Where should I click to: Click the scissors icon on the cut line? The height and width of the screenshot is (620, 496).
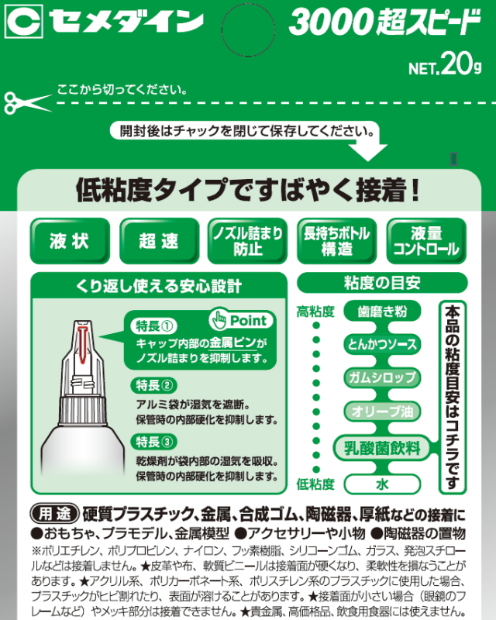pyautogui.click(x=18, y=102)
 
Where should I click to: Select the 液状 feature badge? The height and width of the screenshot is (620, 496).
pyautogui.click(x=68, y=241)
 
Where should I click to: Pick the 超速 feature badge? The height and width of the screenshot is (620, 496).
pyautogui.click(x=158, y=241)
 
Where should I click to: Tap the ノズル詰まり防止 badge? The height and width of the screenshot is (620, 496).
pyautogui.click(x=248, y=241)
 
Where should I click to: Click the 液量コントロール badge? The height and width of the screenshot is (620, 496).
pyautogui.click(x=426, y=241)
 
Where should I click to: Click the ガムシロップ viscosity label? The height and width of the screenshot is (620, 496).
pyautogui.click(x=381, y=377)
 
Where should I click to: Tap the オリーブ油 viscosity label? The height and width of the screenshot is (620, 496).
pyautogui.click(x=381, y=411)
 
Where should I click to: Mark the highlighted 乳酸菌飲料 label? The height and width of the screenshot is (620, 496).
pyautogui.click(x=381, y=447)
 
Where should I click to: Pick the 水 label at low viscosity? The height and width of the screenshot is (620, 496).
pyautogui.click(x=381, y=484)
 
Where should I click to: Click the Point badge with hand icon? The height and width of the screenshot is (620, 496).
pyautogui.click(x=239, y=319)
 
